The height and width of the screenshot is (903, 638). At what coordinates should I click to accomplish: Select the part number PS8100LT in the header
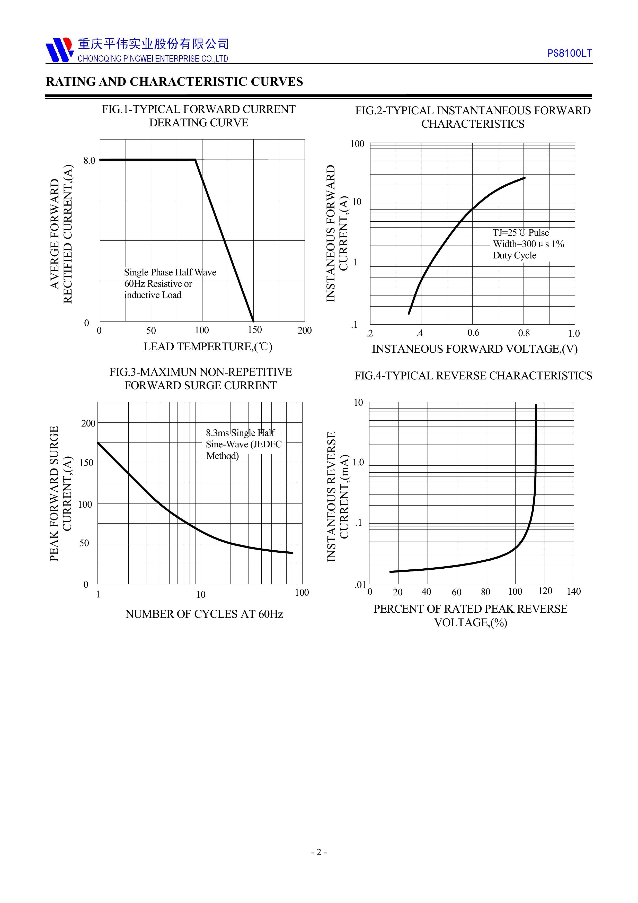coord(569,54)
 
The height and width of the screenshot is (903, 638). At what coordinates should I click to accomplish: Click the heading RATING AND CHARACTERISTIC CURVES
coord(174,82)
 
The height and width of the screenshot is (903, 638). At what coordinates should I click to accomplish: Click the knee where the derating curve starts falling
coord(195,160)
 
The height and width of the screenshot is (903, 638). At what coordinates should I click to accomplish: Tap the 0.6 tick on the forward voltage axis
coord(473,333)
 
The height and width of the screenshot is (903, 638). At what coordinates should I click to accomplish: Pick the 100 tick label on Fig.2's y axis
coord(357,144)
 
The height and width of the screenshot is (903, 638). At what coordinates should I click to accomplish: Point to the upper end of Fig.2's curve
coord(524,178)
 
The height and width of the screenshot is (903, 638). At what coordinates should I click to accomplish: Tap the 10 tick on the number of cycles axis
coord(201,594)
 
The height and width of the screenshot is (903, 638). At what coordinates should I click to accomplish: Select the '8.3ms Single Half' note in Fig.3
coord(240,433)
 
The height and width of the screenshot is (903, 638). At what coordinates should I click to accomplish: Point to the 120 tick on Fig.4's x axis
coord(545,591)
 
